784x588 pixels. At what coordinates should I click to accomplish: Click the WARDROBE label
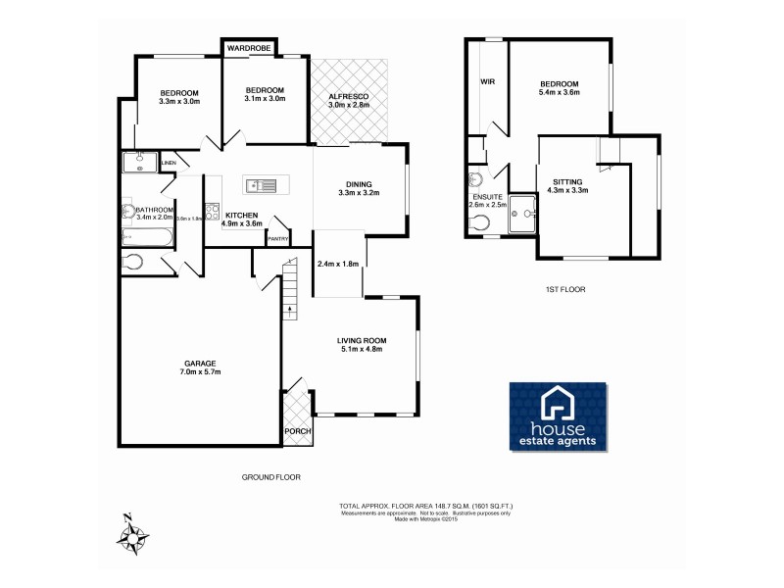click(x=249, y=47)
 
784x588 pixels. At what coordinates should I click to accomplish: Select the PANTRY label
click(x=277, y=238)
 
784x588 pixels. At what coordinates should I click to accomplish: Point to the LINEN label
click(x=169, y=163)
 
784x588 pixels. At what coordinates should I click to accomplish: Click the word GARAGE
click(x=199, y=364)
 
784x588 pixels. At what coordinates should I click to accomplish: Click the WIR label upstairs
click(x=487, y=83)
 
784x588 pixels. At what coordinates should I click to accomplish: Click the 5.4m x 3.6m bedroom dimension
click(x=559, y=93)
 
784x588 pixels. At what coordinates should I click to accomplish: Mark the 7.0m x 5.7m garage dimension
click(x=199, y=372)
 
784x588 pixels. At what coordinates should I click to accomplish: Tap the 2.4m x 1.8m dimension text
click(x=338, y=264)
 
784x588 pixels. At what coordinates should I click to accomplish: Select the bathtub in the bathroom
click(x=147, y=237)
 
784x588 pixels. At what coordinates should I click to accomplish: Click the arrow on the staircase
click(x=290, y=312)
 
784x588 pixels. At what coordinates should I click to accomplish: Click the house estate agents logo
click(x=558, y=418)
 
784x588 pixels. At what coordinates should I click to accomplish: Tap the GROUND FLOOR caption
click(x=270, y=477)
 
